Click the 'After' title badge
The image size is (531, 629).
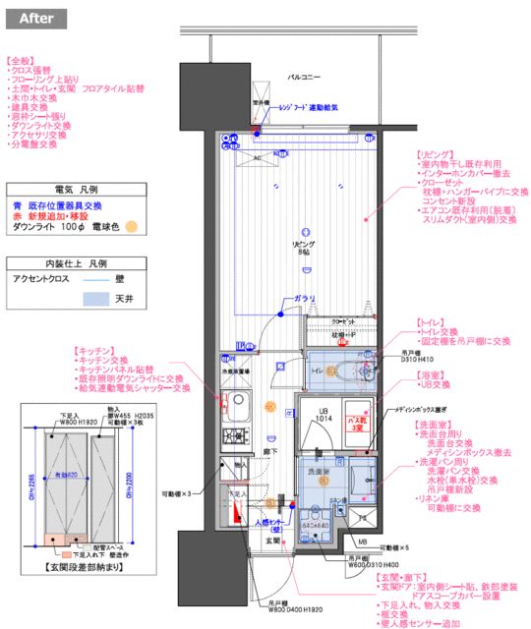tap(35, 18)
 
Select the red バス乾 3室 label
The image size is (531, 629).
tap(357, 423)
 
